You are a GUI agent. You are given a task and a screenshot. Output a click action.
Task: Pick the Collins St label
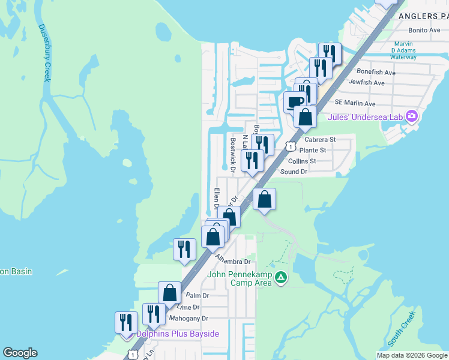301,161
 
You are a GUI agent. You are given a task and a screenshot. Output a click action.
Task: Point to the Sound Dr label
294,172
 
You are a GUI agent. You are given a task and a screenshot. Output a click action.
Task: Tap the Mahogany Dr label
188,318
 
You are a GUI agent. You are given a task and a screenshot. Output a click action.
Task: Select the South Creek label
400,328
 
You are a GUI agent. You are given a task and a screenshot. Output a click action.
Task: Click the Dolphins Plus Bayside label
177,334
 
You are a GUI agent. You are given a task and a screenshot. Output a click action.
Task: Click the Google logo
20,353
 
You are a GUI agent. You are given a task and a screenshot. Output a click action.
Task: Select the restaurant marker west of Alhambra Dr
184,249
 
